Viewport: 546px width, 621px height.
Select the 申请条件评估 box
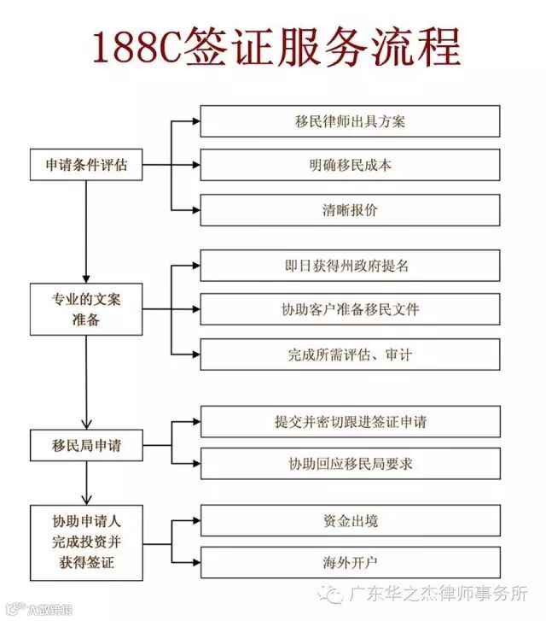click(86, 165)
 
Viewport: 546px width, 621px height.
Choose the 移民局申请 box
click(86, 445)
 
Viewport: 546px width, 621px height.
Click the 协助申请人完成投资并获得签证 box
click(86, 541)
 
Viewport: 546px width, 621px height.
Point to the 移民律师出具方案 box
click(350, 120)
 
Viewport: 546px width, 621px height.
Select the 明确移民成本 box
click(350, 165)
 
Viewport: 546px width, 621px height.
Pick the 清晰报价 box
click(350, 210)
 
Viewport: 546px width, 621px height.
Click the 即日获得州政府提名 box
click(350, 265)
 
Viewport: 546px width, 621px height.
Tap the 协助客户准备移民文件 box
click(350, 309)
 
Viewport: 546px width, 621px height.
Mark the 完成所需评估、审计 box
click(350, 354)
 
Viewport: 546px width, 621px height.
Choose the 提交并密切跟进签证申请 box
click(350, 422)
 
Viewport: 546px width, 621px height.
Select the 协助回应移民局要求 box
click(350, 465)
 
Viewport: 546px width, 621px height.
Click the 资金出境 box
click(350, 520)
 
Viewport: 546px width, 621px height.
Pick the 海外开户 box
click(350, 562)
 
